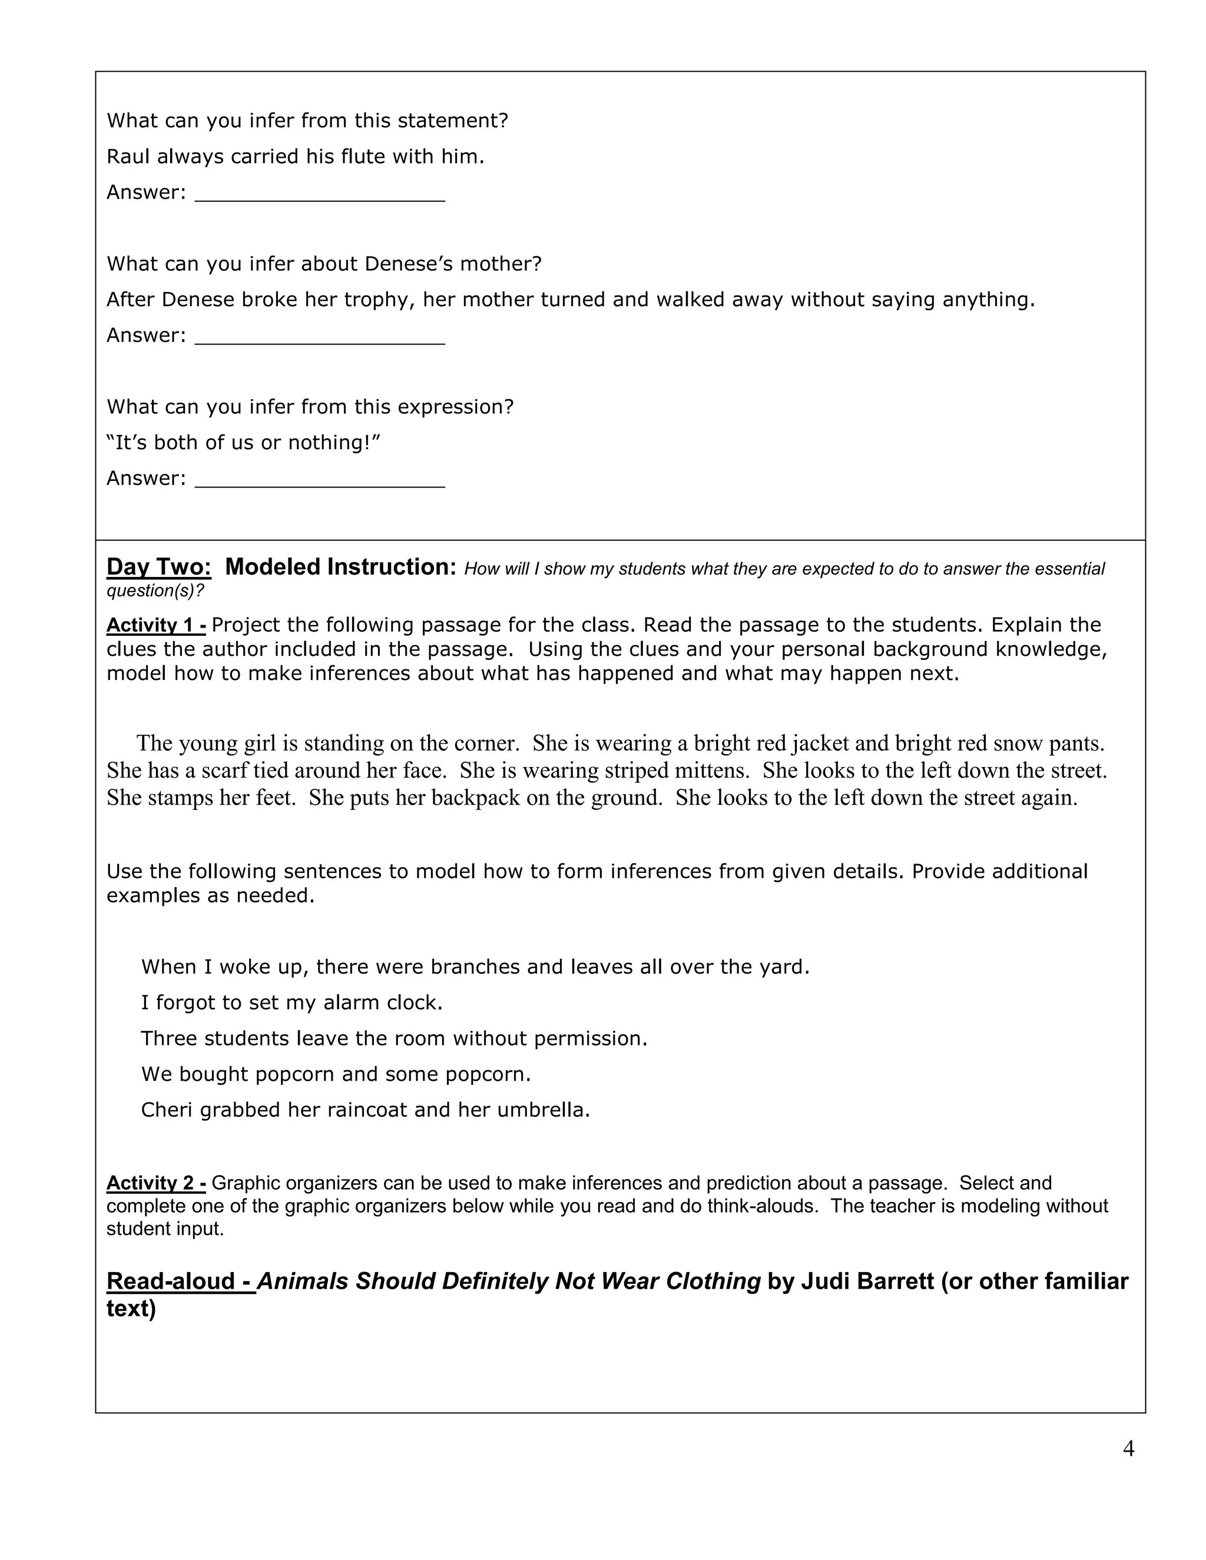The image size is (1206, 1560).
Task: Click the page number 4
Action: [1128, 1448]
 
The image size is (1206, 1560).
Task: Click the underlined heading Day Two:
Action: [158, 566]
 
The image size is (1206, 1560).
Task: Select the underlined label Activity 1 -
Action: [155, 625]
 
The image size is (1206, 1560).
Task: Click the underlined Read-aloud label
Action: [180, 1281]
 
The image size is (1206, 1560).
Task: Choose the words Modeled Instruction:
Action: [340, 566]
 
